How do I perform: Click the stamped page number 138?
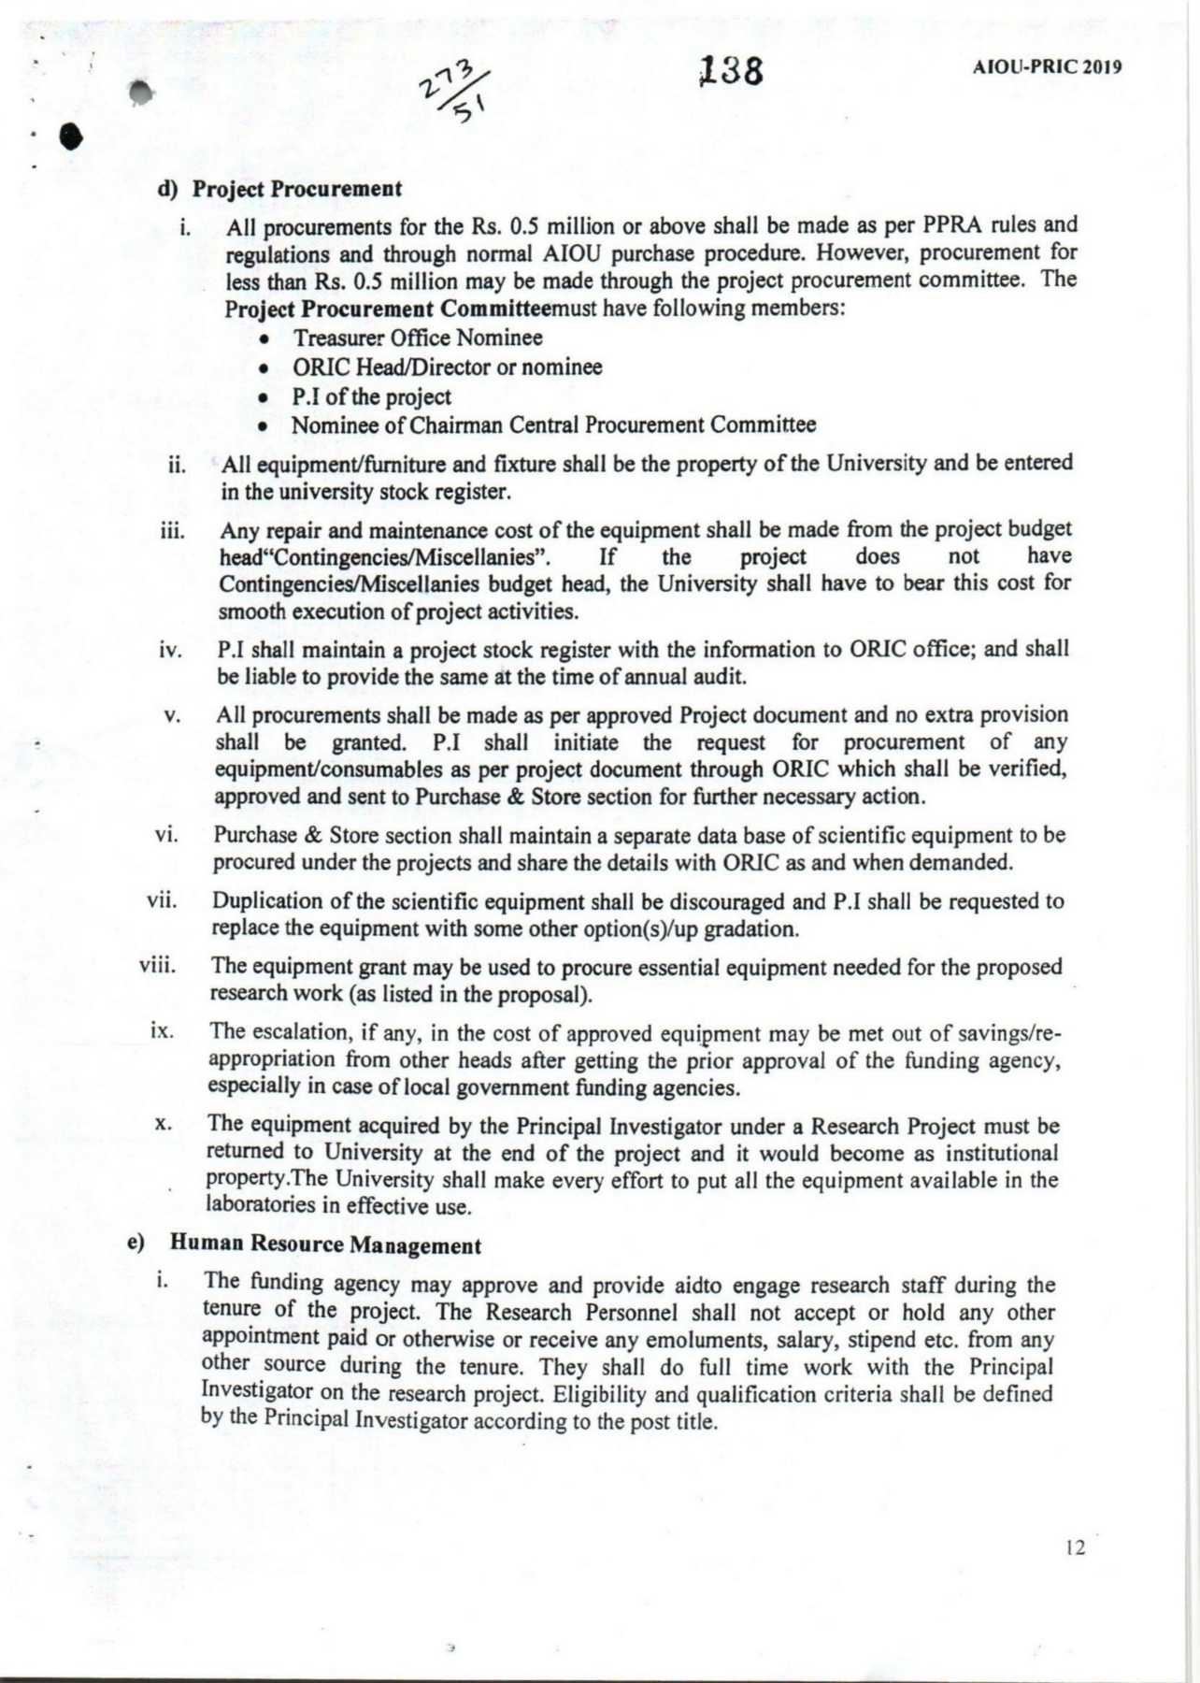click(732, 70)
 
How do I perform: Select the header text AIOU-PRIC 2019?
click(1048, 67)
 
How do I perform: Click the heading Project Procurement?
click(297, 188)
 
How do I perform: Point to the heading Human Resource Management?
click(325, 1245)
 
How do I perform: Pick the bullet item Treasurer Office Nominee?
click(417, 338)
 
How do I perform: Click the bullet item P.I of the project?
click(371, 396)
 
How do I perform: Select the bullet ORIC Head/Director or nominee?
click(447, 367)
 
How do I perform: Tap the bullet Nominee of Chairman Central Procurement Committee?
click(553, 425)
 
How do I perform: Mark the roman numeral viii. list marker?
click(157, 964)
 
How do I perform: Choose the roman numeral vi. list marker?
click(165, 834)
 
